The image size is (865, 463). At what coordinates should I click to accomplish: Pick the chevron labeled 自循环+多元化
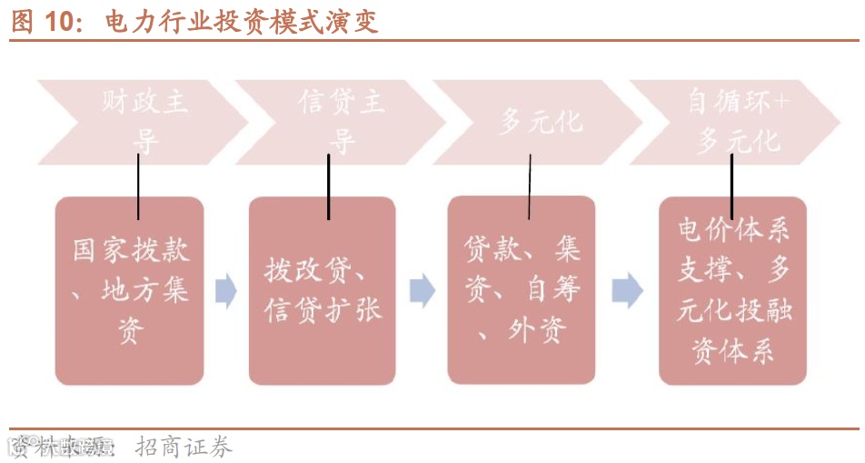[x=737, y=120]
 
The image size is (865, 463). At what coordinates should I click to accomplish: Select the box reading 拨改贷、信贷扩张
[x=323, y=290]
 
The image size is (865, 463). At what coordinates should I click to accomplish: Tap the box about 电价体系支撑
[x=732, y=290]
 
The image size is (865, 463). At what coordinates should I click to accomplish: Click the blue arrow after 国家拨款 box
[x=226, y=291]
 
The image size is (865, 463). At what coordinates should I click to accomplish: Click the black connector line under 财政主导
[x=138, y=186]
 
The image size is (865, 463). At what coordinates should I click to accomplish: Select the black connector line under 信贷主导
[x=328, y=186]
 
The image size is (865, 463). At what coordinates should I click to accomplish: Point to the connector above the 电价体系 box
[x=732, y=186]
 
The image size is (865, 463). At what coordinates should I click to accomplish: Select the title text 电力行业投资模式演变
[x=241, y=21]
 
